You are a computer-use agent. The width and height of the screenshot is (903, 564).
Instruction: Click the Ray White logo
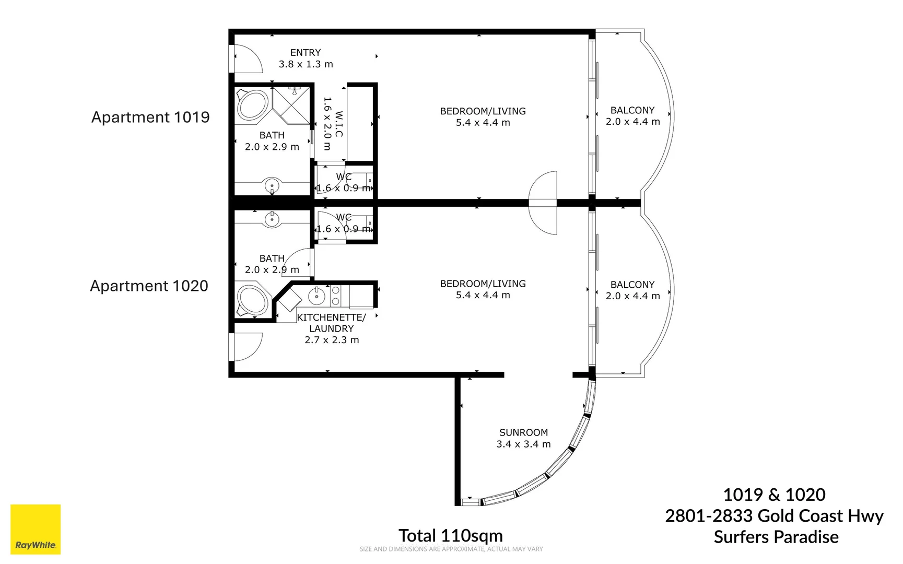coord(36,529)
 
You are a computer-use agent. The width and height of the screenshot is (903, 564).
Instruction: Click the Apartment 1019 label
coord(150,117)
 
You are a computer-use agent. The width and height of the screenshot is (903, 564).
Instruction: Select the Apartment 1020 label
coord(149,286)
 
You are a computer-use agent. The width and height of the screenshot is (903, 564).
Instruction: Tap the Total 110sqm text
coord(450,535)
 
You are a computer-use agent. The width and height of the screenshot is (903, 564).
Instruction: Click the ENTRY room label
coord(306,58)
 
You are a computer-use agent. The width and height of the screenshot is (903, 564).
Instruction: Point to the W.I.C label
coord(333,123)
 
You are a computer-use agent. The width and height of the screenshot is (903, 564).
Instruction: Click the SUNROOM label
coord(523,438)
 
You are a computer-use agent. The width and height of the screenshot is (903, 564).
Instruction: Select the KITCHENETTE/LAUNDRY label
coord(332,328)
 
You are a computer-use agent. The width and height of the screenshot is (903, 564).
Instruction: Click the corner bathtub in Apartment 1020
coord(253,300)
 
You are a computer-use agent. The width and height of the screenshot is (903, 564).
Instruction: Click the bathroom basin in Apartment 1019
coord(272,185)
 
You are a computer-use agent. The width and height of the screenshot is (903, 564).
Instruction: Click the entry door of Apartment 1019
coord(247,58)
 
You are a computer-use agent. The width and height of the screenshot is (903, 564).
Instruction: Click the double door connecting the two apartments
coord(544,203)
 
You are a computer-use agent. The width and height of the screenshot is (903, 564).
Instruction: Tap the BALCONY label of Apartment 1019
coord(632,115)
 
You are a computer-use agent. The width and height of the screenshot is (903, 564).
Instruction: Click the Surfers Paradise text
coord(776,537)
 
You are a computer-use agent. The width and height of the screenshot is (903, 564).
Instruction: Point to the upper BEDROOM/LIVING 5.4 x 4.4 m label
coord(483,116)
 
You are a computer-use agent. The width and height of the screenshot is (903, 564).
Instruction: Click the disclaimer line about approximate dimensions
coord(451,549)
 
